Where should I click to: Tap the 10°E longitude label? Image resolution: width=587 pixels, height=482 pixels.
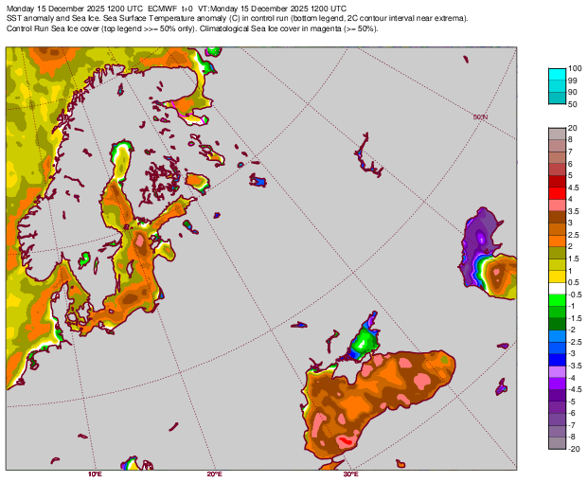pyautogui.click(x=95, y=473)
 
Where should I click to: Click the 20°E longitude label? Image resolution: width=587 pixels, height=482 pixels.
pyautogui.click(x=215, y=473)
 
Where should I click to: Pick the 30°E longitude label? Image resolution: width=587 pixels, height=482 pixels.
pyautogui.click(x=350, y=473)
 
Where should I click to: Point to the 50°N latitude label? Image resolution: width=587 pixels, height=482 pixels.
pyautogui.click(x=479, y=117)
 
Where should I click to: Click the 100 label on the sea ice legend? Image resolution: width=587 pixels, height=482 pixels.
pyautogui.click(x=575, y=69)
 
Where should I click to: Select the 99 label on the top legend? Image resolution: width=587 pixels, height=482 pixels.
pyautogui.click(x=573, y=80)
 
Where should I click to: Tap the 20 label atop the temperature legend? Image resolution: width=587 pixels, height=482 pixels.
pyautogui.click(x=573, y=128)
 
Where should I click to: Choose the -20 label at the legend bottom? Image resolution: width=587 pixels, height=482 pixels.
pyautogui.click(x=575, y=449)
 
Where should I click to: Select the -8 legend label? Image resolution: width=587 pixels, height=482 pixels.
pyautogui.click(x=573, y=437)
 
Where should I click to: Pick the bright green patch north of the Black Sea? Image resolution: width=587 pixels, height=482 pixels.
pyautogui.click(x=365, y=340)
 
